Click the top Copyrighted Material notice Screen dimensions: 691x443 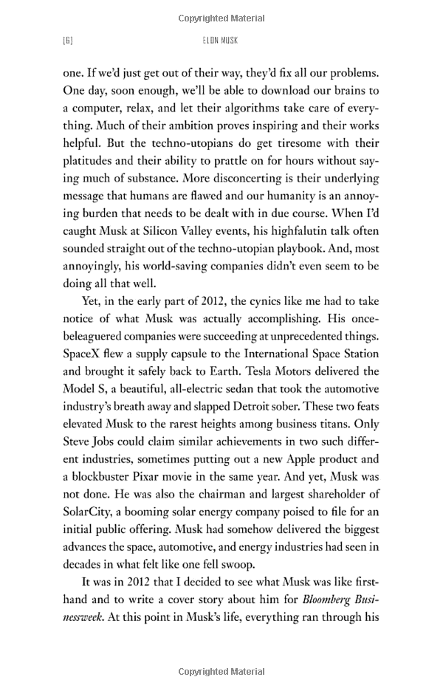tap(221, 16)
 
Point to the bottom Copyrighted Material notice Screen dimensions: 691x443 tap(221, 672)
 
